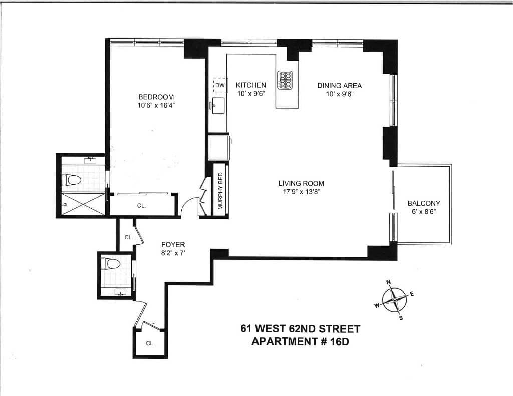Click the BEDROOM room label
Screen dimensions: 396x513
click(x=156, y=97)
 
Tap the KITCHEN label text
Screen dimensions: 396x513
click(x=251, y=85)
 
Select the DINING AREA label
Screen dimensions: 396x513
click(x=339, y=85)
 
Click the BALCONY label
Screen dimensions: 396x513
click(x=423, y=203)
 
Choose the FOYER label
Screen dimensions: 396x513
click(x=173, y=244)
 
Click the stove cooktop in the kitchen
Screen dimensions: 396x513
click(x=286, y=79)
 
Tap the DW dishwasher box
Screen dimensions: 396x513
click(x=220, y=85)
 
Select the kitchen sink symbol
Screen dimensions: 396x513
click(x=218, y=105)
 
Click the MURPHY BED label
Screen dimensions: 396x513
click(x=220, y=191)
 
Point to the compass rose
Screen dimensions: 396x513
click(x=395, y=301)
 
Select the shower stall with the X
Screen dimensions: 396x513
click(x=83, y=204)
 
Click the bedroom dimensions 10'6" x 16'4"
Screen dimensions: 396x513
click(x=156, y=105)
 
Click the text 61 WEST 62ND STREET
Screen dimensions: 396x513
click(x=300, y=329)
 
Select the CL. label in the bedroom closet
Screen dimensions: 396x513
click(x=141, y=206)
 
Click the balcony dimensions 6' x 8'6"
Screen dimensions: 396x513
click(x=423, y=212)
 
